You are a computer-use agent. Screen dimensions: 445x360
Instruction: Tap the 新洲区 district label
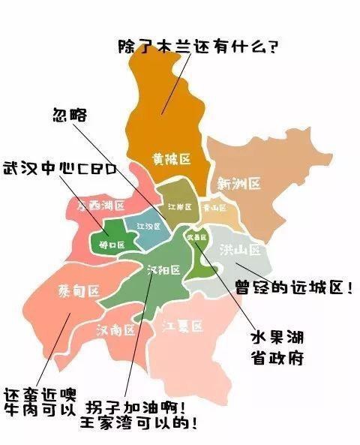tap(238, 184)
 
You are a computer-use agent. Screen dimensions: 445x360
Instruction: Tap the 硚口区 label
tap(109, 244)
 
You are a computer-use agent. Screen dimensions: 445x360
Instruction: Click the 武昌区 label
tap(196, 237)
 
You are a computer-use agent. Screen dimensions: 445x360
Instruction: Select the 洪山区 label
tap(238, 249)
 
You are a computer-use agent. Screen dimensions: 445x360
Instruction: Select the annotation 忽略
tap(69, 116)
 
